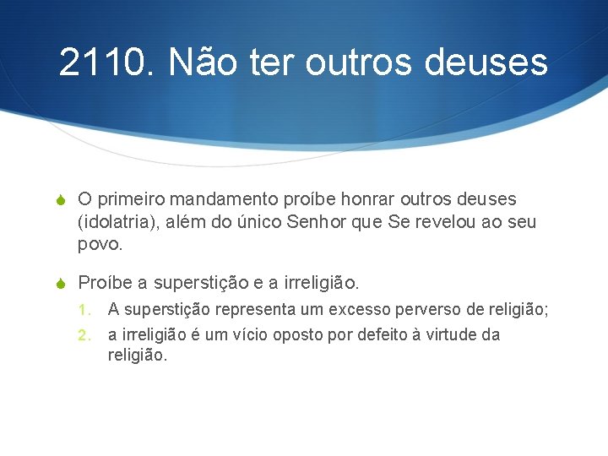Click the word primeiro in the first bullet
tap(131, 200)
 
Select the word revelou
tap(459, 222)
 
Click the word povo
tap(99, 245)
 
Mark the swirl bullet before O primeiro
tap(61, 200)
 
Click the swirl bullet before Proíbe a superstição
tap(61, 281)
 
